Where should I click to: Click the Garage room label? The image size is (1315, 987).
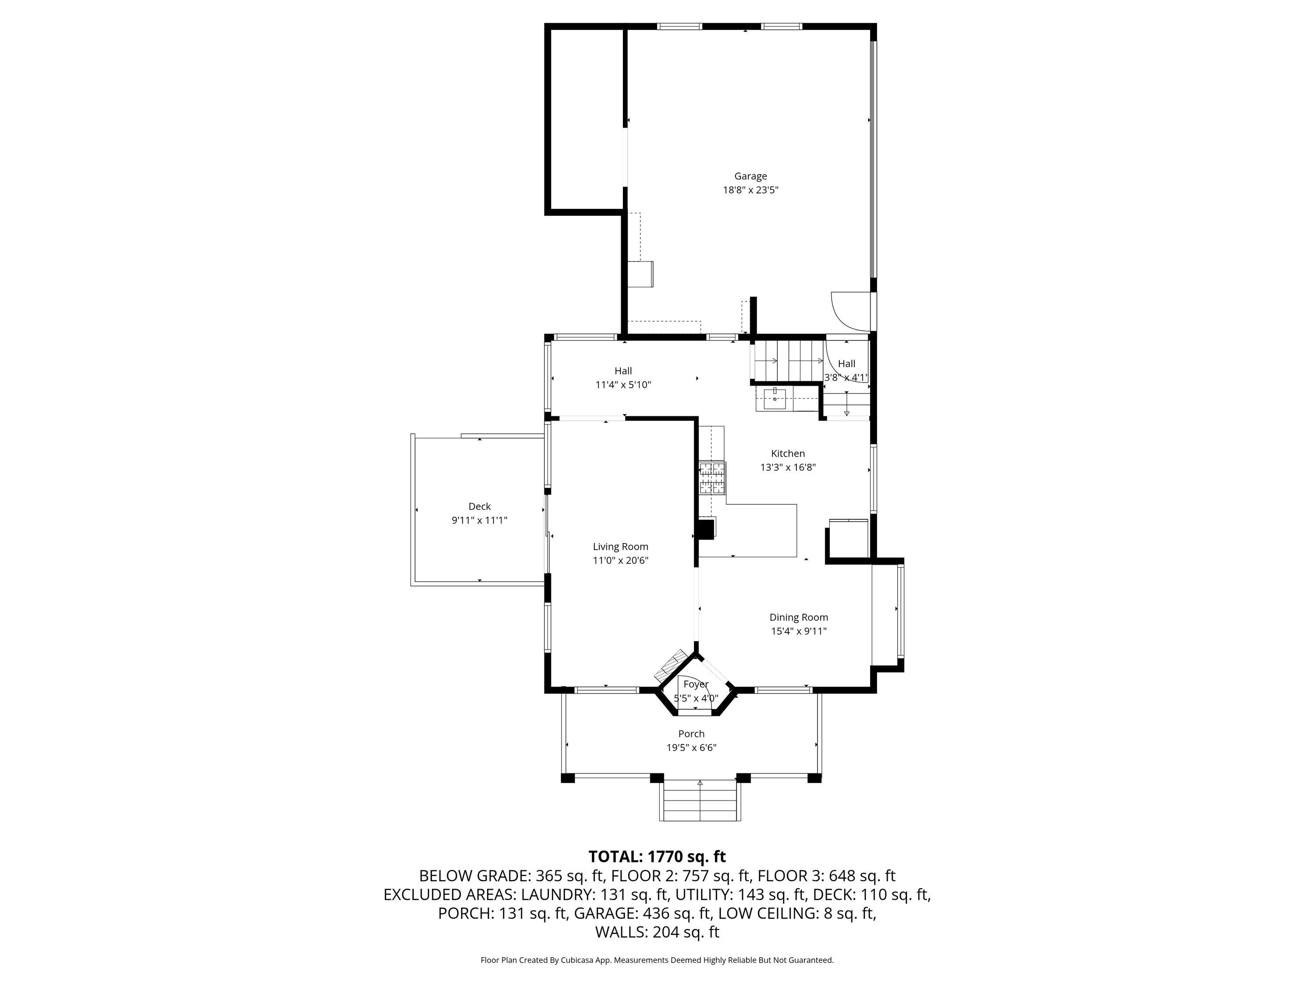[x=750, y=176]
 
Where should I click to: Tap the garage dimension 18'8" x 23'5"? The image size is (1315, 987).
[x=750, y=190]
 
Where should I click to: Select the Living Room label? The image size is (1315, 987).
[x=620, y=547]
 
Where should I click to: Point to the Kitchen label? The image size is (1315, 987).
[x=788, y=453]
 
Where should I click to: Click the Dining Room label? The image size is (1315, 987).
[x=798, y=618]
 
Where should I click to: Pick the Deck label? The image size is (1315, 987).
[x=479, y=506]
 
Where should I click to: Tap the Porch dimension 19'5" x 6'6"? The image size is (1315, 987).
[x=691, y=748]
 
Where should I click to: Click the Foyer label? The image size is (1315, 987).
[x=696, y=684]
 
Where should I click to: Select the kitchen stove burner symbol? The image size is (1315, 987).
[x=712, y=478]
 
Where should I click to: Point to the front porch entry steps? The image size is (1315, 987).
[x=700, y=801]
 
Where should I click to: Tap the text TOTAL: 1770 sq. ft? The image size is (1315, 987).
[x=657, y=857]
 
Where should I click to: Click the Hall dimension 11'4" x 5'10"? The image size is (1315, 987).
[x=623, y=385]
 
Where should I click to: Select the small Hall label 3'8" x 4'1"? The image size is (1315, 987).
[x=846, y=371]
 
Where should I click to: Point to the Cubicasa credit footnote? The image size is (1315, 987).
[x=657, y=960]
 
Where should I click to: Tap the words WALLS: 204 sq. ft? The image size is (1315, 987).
[x=657, y=932]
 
